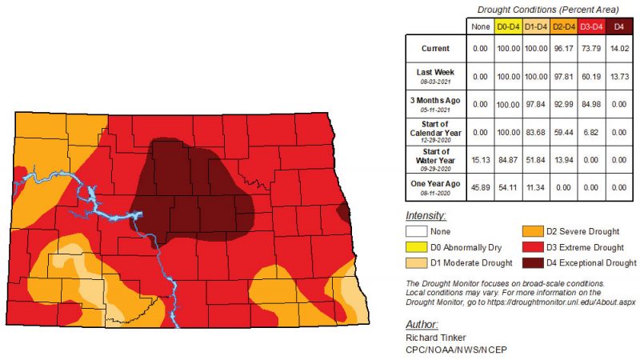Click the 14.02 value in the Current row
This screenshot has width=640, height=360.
click(x=618, y=49)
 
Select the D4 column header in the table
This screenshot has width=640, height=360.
click(x=618, y=26)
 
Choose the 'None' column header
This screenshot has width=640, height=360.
click(x=481, y=26)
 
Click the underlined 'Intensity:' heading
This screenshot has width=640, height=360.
click(x=425, y=216)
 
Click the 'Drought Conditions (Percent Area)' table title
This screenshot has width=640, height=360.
click(x=545, y=9)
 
